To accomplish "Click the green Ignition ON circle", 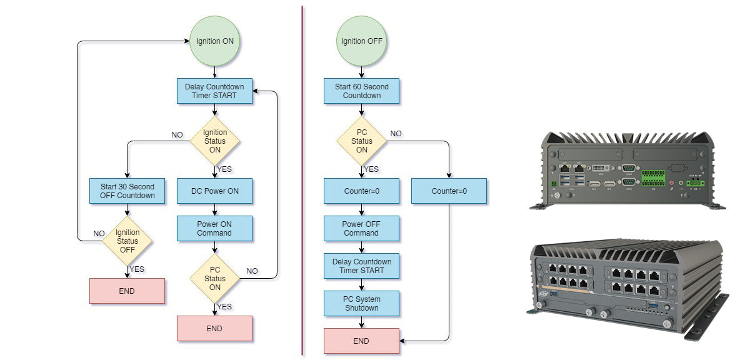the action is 214,41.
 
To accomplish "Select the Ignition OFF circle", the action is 361,41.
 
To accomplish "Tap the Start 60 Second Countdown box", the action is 361,91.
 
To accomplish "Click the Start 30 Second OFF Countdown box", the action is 127,191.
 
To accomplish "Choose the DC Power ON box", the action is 214,191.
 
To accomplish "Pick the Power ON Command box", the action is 214,228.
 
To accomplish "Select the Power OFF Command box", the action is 361,228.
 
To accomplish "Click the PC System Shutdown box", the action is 361,303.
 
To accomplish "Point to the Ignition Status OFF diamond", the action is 127,241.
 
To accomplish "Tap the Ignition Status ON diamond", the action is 214,141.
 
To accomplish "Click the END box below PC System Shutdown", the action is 361,341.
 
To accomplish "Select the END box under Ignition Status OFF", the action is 127,291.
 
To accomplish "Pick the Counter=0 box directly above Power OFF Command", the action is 361,191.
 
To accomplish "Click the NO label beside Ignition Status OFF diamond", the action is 99,233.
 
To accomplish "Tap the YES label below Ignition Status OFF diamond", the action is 137,269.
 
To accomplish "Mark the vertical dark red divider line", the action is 302,180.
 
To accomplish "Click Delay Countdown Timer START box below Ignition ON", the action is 214,91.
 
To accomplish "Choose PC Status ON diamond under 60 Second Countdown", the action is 361,141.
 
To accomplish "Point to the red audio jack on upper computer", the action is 671,183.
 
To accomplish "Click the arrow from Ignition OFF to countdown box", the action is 361,72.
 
